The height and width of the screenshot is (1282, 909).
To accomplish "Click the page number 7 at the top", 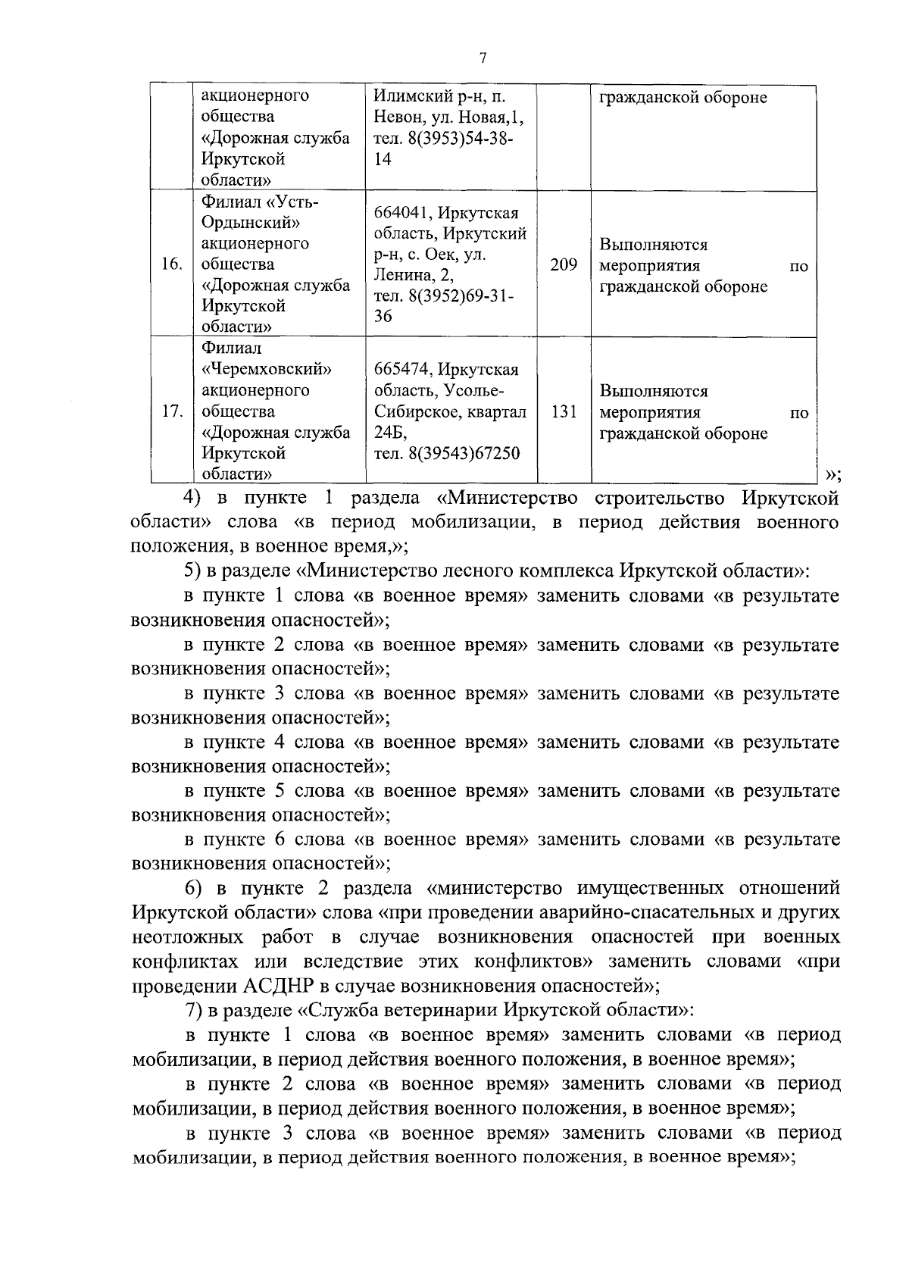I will [x=483, y=59].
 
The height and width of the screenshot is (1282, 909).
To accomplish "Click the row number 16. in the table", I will [x=172, y=264].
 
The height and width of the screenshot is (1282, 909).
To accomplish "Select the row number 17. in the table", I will [x=172, y=411].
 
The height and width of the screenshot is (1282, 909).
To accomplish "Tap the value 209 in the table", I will [x=563, y=264].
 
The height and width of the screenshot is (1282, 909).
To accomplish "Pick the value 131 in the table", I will [x=563, y=411].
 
